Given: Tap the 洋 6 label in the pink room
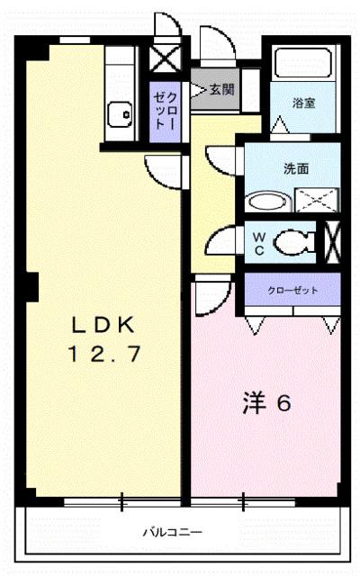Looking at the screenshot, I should pos(265,404).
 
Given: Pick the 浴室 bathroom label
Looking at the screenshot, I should pos(302,103).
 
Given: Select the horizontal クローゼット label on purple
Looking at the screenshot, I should pos(292,290).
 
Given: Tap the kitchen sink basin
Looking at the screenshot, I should pos(118,114).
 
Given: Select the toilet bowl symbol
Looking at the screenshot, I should pos(292,241).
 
